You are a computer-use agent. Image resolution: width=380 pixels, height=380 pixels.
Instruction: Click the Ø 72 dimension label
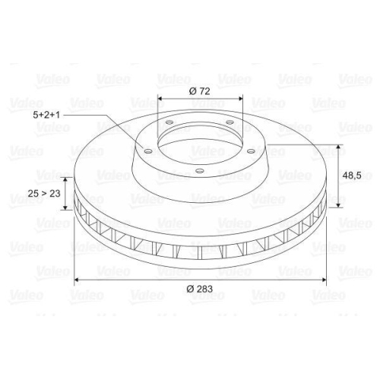click(200, 91)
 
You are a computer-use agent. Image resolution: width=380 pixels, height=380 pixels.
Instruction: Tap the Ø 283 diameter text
click(200, 289)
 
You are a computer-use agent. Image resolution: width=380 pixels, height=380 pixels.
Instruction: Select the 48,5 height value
click(352, 176)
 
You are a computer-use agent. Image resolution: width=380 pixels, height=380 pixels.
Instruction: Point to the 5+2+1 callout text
click(46, 115)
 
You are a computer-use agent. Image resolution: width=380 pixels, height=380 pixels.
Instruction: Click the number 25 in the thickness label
click(33, 194)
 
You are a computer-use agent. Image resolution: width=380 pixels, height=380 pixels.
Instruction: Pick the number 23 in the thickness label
click(55, 194)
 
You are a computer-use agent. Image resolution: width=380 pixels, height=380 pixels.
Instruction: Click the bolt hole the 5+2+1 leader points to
click(148, 151)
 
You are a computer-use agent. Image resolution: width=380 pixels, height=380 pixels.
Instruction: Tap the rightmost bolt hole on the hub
click(251, 151)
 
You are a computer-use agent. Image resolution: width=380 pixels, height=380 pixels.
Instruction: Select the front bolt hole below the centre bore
click(200, 171)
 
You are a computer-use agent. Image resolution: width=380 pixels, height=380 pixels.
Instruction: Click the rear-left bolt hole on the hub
click(169, 122)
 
